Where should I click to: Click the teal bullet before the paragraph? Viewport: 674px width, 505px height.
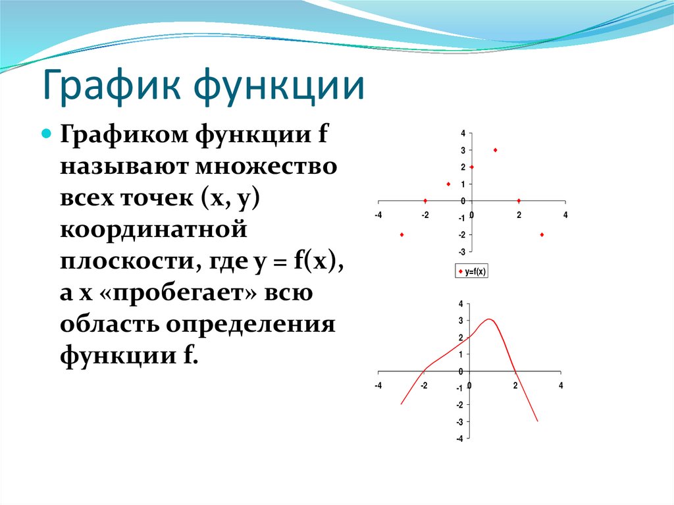pyautogui.click(x=47, y=133)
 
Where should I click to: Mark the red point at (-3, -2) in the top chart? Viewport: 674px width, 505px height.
pyautogui.click(x=402, y=234)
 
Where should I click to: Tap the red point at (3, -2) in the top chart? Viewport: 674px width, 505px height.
pyautogui.click(x=542, y=234)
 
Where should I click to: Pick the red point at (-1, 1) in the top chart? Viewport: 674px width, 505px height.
pyautogui.click(x=448, y=184)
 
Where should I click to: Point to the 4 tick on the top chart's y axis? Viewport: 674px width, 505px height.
pyautogui.click(x=463, y=133)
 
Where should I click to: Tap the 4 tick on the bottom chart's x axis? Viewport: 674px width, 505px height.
pyautogui.click(x=561, y=386)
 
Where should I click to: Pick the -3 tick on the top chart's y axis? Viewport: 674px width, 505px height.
pyautogui.click(x=462, y=252)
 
